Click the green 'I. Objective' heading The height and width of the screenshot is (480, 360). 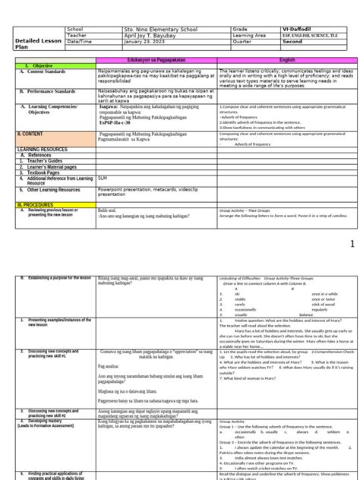[x=35, y=66]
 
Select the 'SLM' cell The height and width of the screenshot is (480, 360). [x=103, y=177]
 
